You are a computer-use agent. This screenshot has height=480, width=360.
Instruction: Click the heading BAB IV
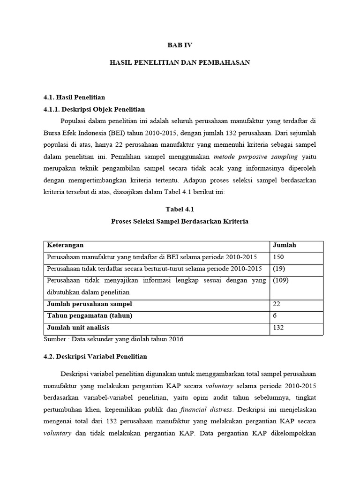tap(180, 45)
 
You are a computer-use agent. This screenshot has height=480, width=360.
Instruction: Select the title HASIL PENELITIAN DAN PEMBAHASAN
tap(180, 62)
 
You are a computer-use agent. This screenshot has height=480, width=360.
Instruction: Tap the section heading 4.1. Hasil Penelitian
tap(74, 97)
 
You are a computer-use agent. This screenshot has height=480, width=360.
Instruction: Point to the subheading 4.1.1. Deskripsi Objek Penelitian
tap(94, 109)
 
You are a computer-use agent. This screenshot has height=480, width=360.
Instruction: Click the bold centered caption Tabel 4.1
tap(180, 210)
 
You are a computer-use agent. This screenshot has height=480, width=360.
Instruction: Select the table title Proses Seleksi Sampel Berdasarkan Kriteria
tap(180, 221)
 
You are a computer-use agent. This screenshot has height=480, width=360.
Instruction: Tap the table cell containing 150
tap(278, 257)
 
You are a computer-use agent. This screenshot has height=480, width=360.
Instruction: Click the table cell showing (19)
tap(279, 269)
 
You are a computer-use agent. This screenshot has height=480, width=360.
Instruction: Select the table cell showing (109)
tap(281, 280)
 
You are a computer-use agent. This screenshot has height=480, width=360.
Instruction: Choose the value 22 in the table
tap(277, 304)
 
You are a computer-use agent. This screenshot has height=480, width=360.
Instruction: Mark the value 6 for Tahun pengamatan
tap(275, 315)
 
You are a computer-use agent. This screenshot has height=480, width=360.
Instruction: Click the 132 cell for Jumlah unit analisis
tap(278, 328)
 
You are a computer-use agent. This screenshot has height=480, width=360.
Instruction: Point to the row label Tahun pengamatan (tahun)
tap(89, 315)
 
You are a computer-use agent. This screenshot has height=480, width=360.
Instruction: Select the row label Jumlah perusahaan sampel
tap(89, 304)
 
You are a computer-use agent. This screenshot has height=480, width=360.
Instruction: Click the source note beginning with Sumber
tap(113, 339)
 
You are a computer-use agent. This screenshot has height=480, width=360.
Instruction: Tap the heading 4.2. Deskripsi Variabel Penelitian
tap(95, 356)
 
